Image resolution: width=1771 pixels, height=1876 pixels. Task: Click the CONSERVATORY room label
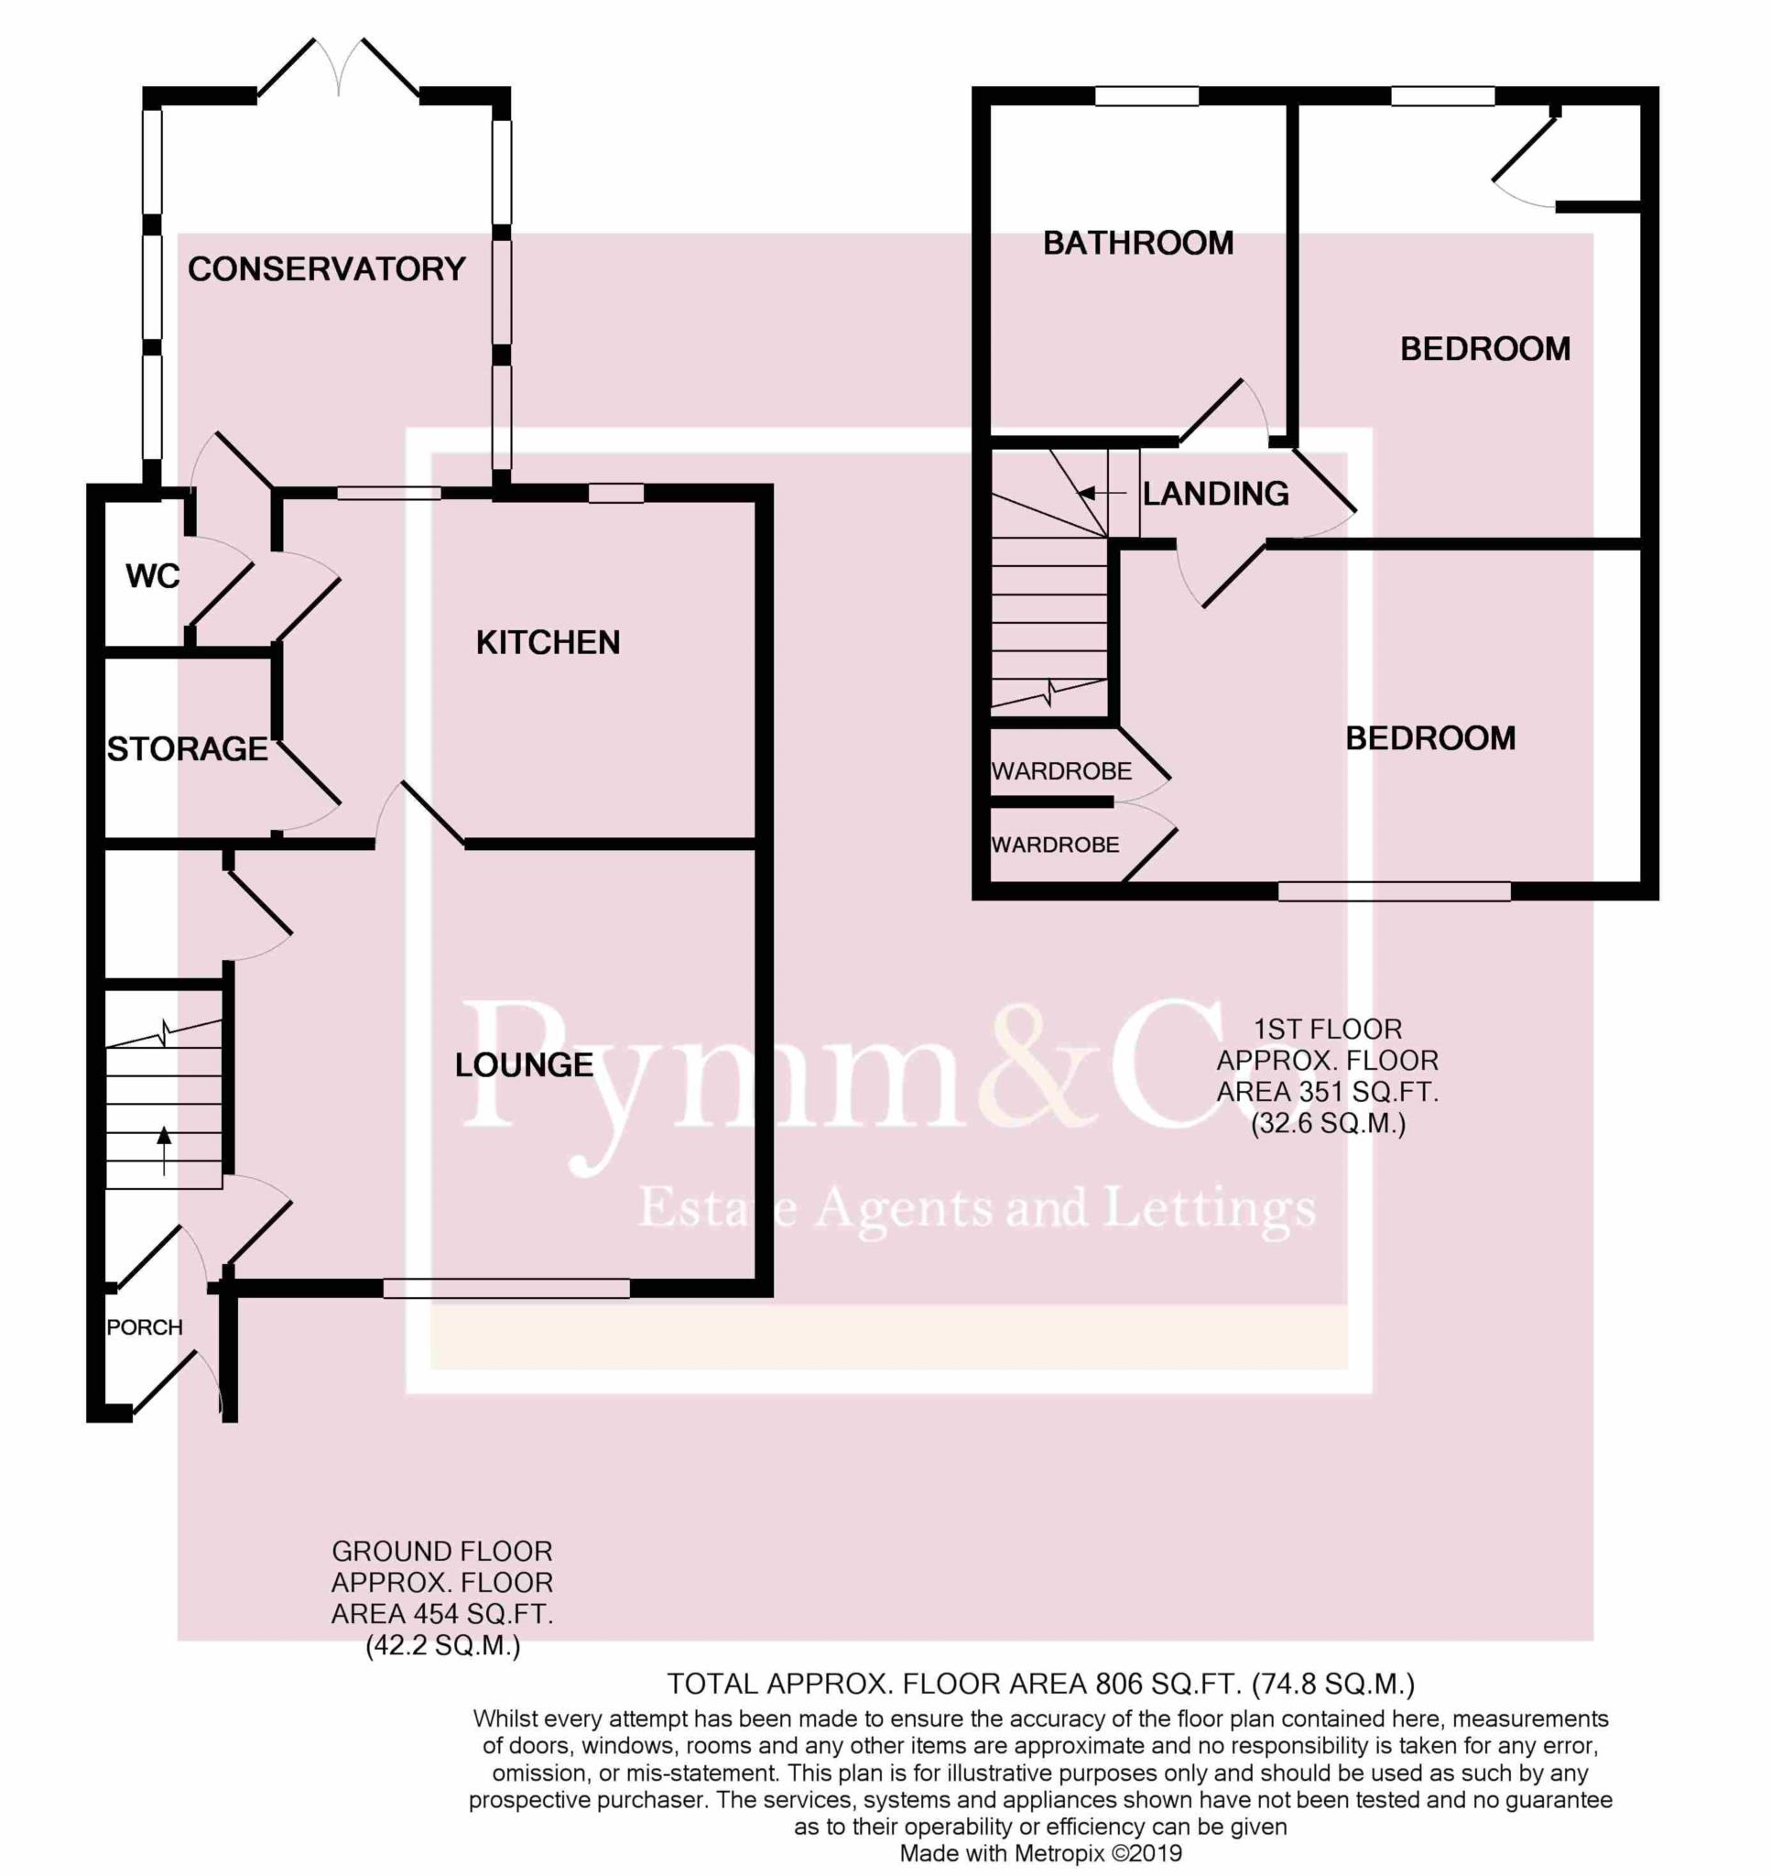(327, 269)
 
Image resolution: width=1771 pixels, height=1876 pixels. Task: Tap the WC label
(152, 576)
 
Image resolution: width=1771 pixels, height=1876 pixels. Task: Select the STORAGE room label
(187, 748)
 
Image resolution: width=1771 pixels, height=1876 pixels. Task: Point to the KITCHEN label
(548, 643)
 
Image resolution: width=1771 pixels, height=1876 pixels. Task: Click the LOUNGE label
(524, 1065)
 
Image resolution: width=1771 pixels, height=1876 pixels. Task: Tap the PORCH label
(145, 1327)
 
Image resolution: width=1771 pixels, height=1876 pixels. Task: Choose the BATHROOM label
(1137, 244)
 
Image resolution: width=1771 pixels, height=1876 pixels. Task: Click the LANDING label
(1216, 494)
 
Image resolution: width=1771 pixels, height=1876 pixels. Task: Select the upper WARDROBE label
(1061, 771)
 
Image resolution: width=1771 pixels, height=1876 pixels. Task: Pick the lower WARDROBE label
(1056, 845)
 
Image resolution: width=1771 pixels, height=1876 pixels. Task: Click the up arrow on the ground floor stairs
(164, 1151)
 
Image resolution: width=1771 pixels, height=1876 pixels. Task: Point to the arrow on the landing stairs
(1102, 493)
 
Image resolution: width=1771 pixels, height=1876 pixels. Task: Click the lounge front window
(507, 1289)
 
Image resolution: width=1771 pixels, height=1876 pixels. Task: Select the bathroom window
(1147, 96)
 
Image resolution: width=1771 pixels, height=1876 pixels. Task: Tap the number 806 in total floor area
(1118, 1684)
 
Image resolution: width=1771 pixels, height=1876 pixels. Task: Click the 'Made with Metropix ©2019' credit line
(1040, 1853)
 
